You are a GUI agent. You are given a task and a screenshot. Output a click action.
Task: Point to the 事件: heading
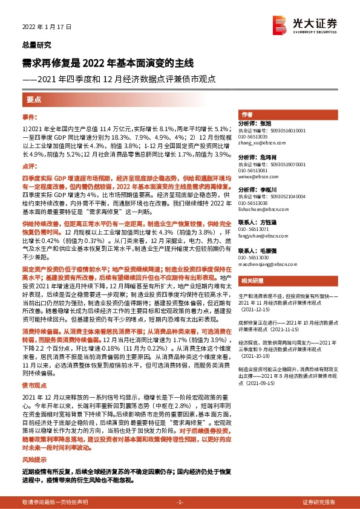click(x=29, y=116)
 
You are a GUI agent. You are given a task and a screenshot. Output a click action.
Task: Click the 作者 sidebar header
click(x=247, y=114)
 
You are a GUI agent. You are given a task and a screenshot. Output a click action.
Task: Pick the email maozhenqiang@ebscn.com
click(x=264, y=264)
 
